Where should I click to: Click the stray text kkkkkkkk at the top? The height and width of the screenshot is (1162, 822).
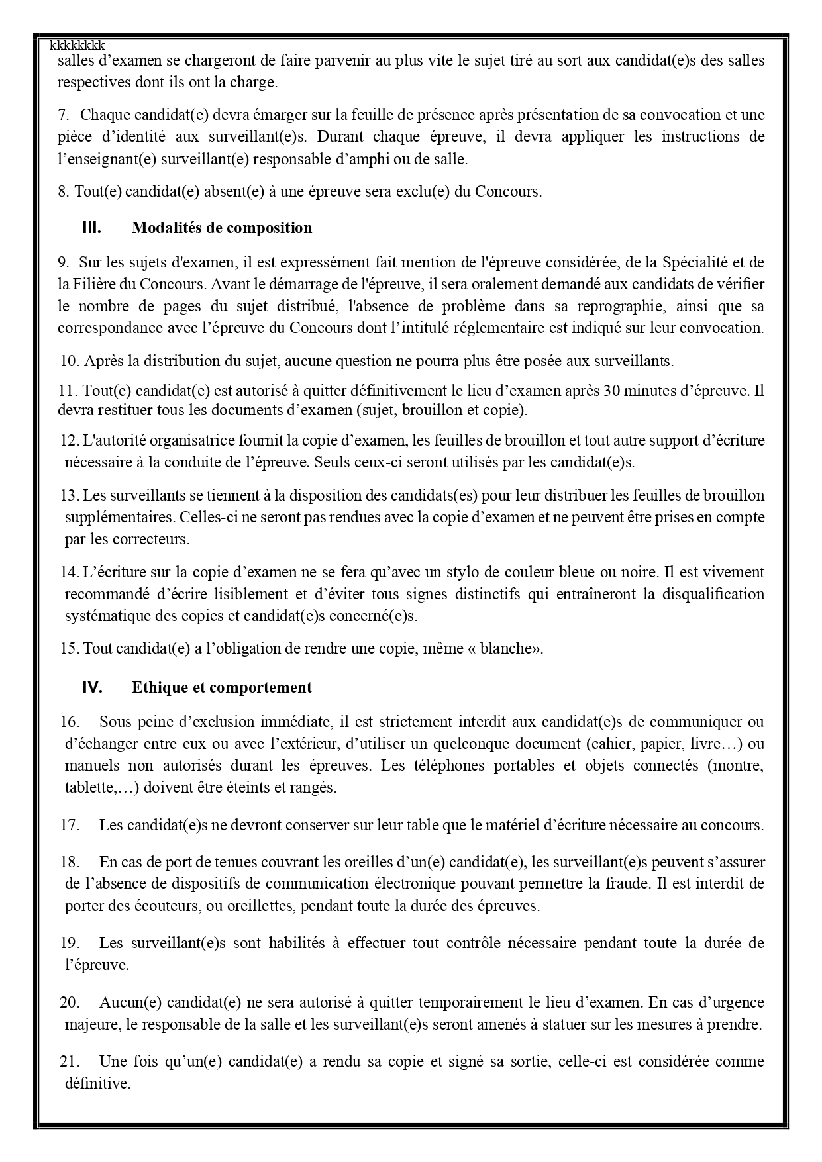[x=77, y=45]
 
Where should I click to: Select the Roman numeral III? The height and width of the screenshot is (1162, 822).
[x=91, y=228]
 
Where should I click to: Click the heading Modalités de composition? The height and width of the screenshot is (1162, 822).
[x=222, y=228]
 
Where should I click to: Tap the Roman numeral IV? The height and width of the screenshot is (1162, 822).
[x=92, y=687]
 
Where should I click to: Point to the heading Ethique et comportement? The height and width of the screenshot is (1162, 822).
[x=222, y=687]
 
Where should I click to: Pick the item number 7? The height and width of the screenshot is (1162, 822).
[x=64, y=115]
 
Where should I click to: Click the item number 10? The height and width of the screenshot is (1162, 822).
[x=70, y=361]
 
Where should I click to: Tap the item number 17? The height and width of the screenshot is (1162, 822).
[x=70, y=825]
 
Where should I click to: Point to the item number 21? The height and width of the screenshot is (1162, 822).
[x=70, y=1061]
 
